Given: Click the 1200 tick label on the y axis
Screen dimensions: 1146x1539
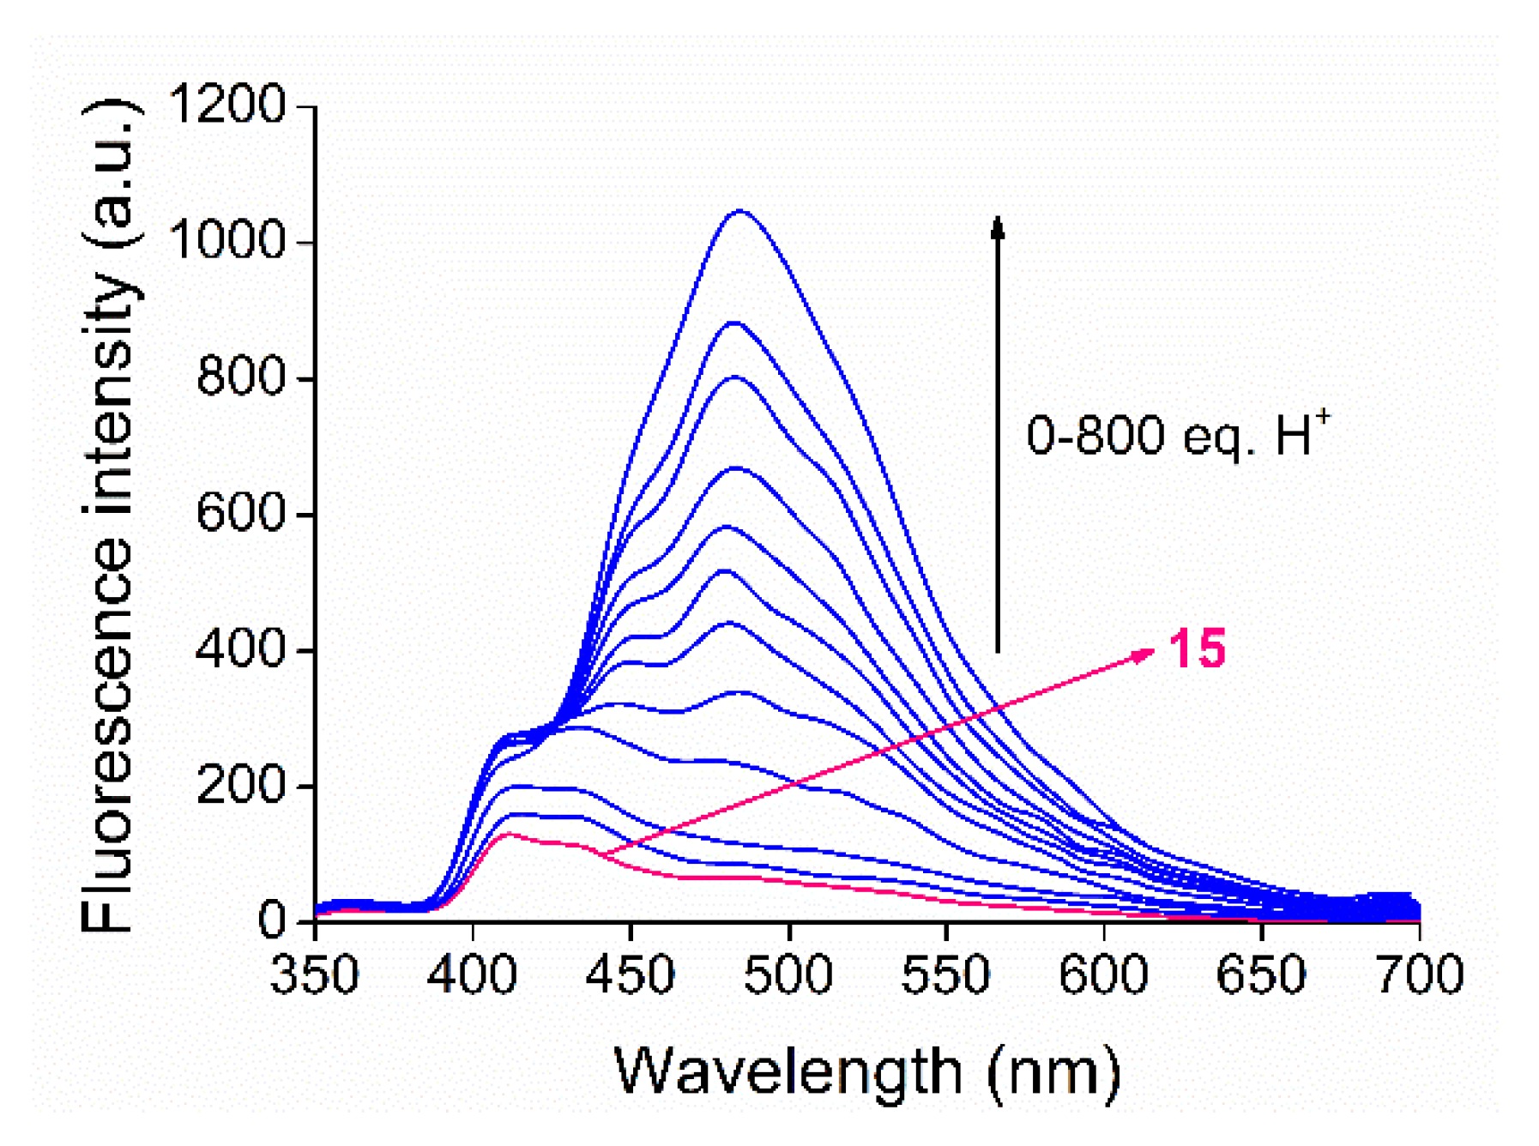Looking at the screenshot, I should coord(227,106).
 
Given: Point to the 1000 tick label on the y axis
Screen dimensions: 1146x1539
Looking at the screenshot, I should coord(227,241).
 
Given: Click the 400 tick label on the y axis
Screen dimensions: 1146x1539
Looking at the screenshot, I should coord(240,649).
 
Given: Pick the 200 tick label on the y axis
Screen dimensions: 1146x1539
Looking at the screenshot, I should coord(240,785).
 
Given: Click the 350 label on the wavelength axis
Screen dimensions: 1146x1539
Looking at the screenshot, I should coord(315,976).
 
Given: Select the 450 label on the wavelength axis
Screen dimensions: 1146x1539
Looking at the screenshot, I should coord(631,976).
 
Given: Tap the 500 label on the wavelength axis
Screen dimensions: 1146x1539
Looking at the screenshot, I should coord(788,976).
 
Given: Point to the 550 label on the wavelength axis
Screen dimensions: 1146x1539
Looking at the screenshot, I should coord(945,976).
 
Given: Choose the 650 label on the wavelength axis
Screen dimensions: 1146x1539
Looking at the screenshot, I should coord(1261,976).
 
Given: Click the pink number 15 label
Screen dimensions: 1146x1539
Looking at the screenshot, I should coord(1197,648).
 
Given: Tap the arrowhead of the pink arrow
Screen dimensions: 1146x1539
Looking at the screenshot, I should coord(1145,655).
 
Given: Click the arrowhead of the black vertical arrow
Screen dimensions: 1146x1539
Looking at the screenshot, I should coord(997,226).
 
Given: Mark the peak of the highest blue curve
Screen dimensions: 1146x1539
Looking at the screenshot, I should coord(740,210).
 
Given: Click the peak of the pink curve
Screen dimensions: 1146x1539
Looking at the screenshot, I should coord(510,834).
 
